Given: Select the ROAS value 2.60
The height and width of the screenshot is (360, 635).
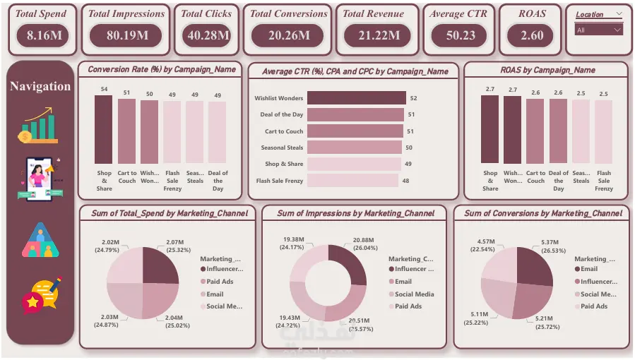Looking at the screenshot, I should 532,35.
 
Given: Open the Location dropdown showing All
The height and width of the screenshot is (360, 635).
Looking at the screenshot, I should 598,30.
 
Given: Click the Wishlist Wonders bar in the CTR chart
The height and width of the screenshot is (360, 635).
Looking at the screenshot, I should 356,98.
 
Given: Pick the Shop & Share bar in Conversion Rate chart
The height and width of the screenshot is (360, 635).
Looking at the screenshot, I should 103,129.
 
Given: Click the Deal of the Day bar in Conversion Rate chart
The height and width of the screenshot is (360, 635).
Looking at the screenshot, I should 217,133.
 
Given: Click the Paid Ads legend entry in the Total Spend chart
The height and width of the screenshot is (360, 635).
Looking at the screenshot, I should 219,282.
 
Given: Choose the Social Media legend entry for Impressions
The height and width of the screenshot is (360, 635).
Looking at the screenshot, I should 414,294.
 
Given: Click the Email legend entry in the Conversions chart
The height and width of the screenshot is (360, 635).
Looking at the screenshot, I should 589,269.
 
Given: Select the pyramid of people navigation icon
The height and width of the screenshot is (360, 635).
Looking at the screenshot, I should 40,241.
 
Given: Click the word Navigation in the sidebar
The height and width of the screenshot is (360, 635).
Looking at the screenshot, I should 40,86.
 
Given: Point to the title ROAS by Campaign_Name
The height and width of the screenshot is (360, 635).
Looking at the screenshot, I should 547,70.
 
